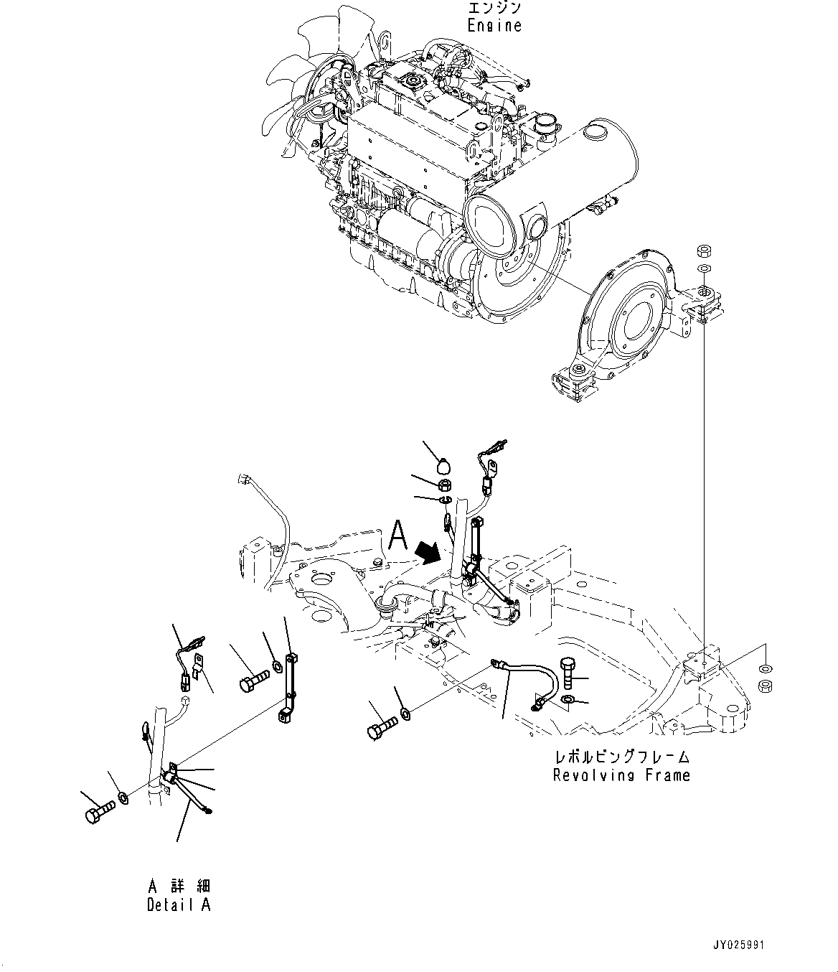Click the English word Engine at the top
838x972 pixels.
pos(494,26)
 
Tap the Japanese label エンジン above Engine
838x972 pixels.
pos(494,9)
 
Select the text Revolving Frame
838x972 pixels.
pos(621,775)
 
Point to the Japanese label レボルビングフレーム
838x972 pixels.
pos(621,757)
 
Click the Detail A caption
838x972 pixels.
pos(179,905)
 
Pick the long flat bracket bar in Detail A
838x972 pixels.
pos(291,682)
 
